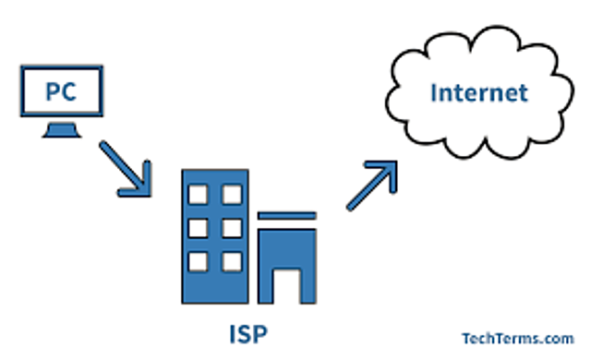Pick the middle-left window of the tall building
tap(198, 228)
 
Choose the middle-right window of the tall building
tap(231, 228)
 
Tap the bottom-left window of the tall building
tap(198, 261)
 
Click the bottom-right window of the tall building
tap(231, 261)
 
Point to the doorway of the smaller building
tap(287, 282)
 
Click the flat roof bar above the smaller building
tap(287, 216)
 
